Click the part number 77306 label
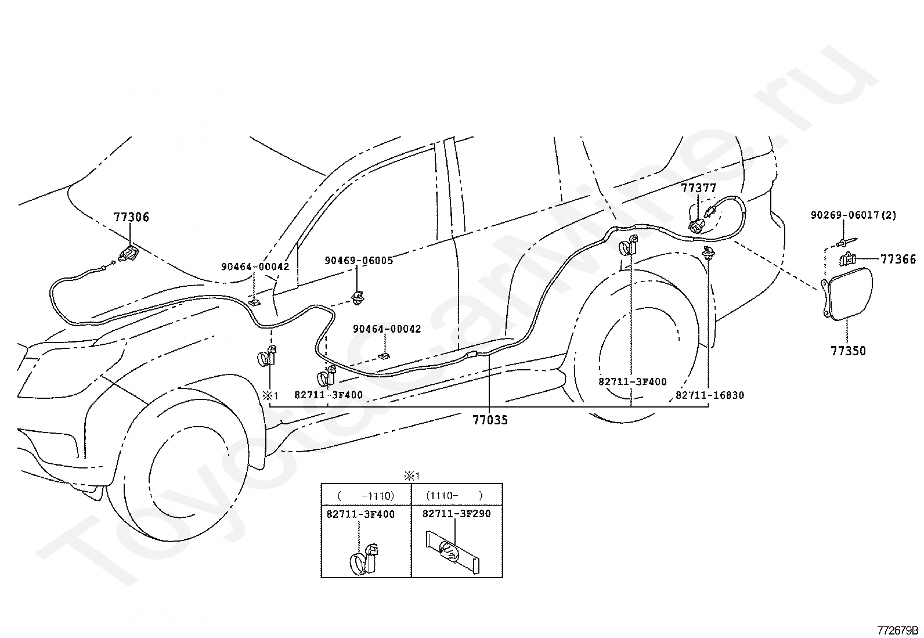coord(131,217)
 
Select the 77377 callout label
coord(698,188)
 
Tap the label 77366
coord(898,259)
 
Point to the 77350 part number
coord(848,351)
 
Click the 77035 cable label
coord(490,420)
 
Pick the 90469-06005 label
coord(359,261)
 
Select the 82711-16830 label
coord(710,395)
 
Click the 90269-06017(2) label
coord(853,215)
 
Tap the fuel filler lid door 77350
coord(846,294)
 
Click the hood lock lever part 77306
coord(128,253)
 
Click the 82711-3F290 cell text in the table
coord(457,514)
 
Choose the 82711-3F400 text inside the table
coord(360,514)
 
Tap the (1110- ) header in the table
coord(454,495)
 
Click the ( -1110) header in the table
coord(366,495)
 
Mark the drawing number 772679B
coord(898,630)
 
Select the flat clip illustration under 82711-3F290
coord(453,552)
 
